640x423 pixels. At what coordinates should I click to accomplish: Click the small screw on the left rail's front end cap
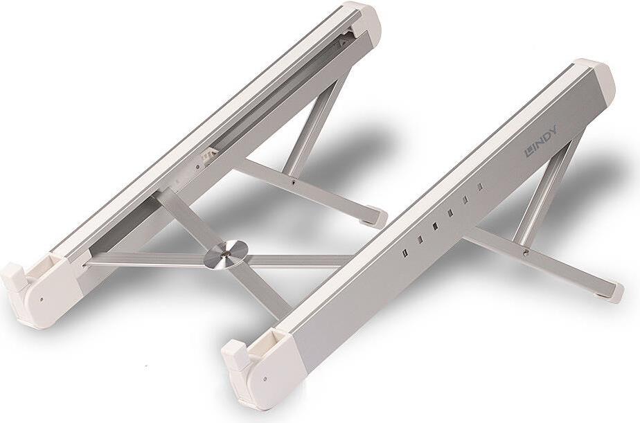pos(42,299)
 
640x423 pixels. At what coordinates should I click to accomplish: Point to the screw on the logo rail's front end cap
pos(265,379)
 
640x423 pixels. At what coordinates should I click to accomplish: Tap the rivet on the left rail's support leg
pos(294,182)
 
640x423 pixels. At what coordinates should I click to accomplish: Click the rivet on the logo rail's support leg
pos(526,253)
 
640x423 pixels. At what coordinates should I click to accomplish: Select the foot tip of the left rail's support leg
pos(376,218)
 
